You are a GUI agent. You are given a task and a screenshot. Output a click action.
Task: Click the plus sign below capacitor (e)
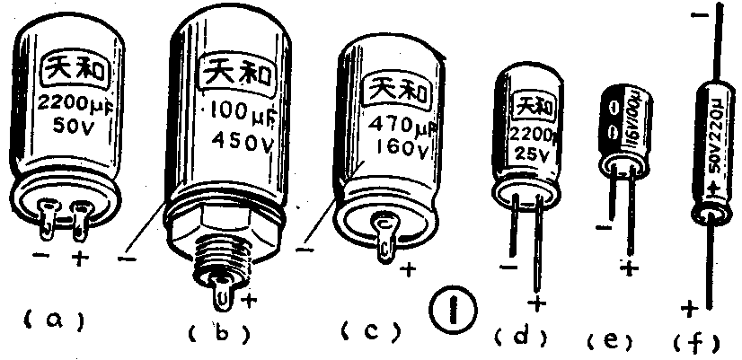click(629, 267)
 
